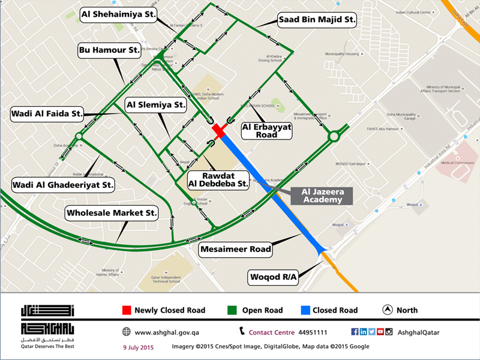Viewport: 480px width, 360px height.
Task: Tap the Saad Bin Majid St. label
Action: (317, 20)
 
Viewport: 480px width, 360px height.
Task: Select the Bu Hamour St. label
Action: (109, 49)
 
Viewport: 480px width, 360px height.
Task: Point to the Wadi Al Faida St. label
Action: (47, 113)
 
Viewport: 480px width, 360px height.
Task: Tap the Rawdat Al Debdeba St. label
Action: (218, 179)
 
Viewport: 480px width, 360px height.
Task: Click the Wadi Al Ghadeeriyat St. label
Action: (64, 185)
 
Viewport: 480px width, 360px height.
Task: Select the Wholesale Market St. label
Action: (112, 212)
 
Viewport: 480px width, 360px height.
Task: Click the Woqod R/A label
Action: (273, 277)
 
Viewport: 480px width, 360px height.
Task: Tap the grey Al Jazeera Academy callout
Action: (322, 196)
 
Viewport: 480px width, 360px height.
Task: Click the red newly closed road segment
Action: (218, 131)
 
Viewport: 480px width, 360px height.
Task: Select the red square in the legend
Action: (126, 310)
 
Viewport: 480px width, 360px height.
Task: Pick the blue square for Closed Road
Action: (305, 310)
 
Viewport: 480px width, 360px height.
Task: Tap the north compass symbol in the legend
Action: (388, 310)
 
